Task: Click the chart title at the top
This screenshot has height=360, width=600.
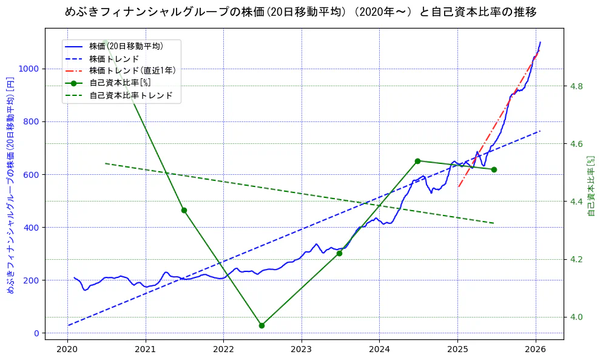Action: tap(300, 12)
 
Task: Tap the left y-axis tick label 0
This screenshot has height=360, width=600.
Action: tap(37, 333)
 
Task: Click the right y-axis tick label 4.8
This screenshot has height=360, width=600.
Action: tap(576, 86)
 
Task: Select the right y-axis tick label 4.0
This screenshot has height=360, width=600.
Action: tap(576, 318)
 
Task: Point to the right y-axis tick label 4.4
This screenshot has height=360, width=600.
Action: tap(576, 202)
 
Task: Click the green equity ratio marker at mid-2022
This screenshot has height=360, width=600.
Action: tap(261, 325)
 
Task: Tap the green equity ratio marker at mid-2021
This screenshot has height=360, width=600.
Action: tap(184, 210)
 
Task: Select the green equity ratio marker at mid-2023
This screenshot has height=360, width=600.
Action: tap(339, 253)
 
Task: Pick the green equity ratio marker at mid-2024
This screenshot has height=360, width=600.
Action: tap(417, 161)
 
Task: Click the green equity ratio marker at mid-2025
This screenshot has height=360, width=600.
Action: tap(494, 169)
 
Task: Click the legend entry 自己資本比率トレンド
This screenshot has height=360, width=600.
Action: tap(130, 95)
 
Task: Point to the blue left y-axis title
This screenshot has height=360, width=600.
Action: tap(10, 185)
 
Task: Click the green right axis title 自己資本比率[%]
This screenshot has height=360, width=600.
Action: tap(592, 185)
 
